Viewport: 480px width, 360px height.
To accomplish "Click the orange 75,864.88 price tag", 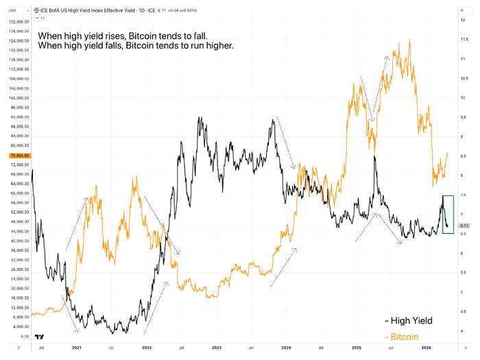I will tap(15, 156).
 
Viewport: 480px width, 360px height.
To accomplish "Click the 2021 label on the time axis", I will tap(76, 348).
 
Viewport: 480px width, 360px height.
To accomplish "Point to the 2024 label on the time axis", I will tap(287, 348).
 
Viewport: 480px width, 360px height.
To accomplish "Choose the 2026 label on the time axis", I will tap(427, 348).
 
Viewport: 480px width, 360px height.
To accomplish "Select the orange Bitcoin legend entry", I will tap(405, 337).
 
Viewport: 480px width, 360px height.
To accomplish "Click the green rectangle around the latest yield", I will tap(448, 214).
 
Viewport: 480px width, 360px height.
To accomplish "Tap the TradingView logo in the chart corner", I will tap(40, 337).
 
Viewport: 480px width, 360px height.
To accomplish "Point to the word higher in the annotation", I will tap(215, 46).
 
